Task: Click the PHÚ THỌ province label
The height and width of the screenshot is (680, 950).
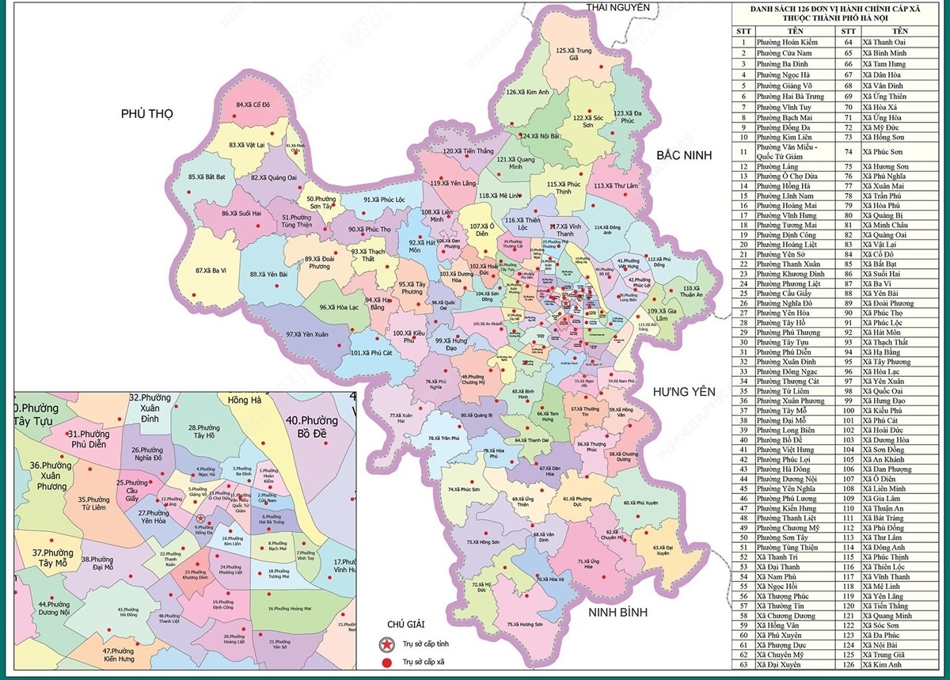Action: pyautogui.click(x=146, y=114)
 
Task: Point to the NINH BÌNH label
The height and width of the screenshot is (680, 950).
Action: pyautogui.click(x=616, y=613)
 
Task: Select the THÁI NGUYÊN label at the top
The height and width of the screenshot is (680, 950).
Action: pyautogui.click(x=617, y=7)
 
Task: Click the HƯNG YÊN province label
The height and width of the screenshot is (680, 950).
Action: pyautogui.click(x=684, y=392)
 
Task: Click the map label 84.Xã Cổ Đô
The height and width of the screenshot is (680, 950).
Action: pyautogui.click(x=253, y=104)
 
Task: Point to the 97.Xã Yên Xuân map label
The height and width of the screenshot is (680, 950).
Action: pyautogui.click(x=307, y=335)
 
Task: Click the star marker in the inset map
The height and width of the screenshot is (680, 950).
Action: pyautogui.click(x=201, y=518)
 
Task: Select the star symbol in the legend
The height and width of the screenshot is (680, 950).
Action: pyautogui.click(x=386, y=643)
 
